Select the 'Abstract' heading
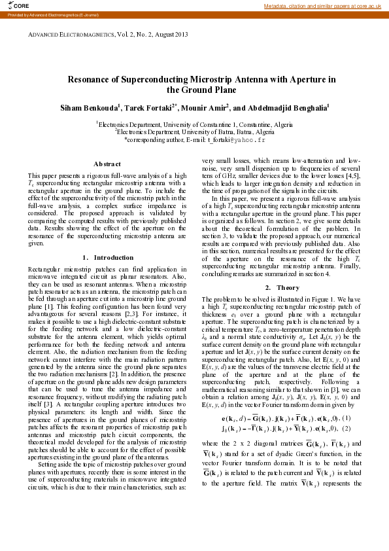click(x=107, y=164)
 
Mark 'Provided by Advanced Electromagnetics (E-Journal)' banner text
click(x=39, y=14)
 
